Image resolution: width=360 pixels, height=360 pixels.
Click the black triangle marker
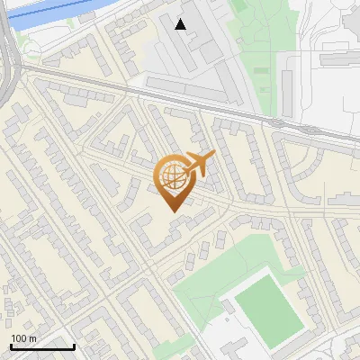[181, 24]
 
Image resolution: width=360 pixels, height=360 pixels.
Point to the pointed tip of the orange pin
[171, 211]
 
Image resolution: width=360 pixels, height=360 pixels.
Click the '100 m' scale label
[23, 337]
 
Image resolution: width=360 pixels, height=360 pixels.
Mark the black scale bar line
[42, 346]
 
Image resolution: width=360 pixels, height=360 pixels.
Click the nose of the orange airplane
[213, 157]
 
